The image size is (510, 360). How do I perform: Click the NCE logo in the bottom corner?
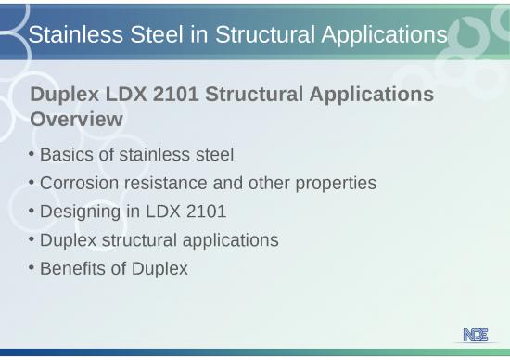[x=476, y=335]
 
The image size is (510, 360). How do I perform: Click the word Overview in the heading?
[x=77, y=120]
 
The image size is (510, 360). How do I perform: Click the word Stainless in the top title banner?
[x=70, y=35]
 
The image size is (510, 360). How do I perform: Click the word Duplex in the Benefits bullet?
[x=160, y=269]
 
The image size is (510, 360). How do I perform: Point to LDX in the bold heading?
[x=132, y=95]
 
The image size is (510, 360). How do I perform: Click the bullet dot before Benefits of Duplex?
[x=32, y=268]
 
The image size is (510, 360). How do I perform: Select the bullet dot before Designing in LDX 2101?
[x=32, y=211]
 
